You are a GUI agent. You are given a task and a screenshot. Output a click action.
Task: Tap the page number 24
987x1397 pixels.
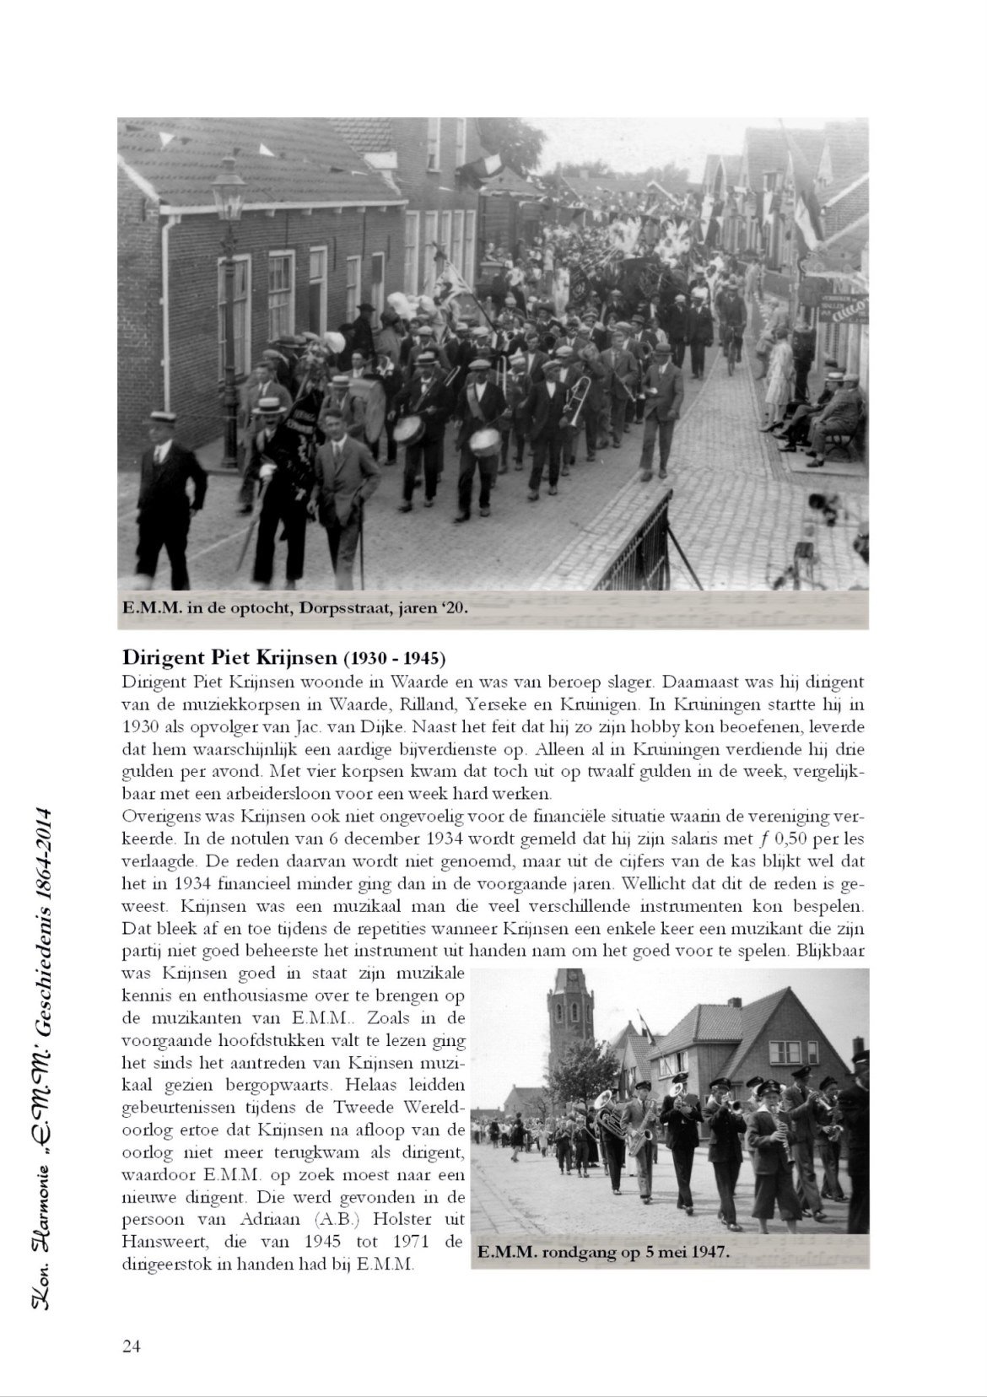[x=131, y=1347]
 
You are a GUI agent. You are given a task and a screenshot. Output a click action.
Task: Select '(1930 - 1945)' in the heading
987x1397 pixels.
[x=393, y=657]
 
